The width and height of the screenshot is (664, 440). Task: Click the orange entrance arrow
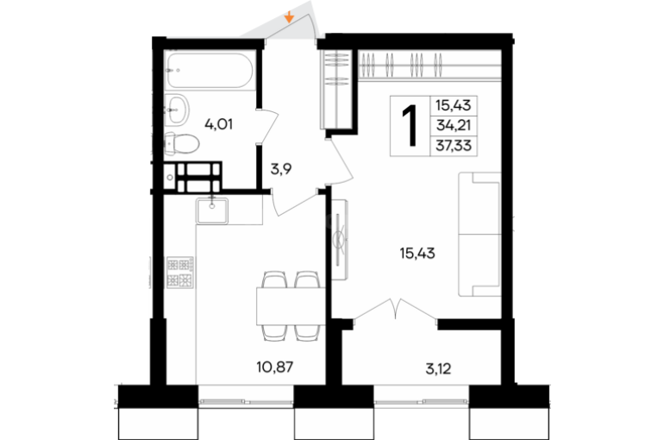pyautogui.click(x=289, y=17)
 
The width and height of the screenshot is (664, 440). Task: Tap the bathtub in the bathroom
pyautogui.click(x=210, y=70)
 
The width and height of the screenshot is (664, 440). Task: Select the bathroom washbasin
pyautogui.click(x=177, y=110)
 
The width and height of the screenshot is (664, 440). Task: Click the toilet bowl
pyautogui.click(x=182, y=143)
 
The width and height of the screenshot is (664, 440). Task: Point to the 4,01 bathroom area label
pyautogui.click(x=218, y=124)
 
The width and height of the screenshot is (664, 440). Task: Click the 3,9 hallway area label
pyautogui.click(x=281, y=169)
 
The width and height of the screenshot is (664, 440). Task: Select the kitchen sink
pyautogui.click(x=212, y=211)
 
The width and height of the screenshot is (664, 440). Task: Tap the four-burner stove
pyautogui.click(x=180, y=273)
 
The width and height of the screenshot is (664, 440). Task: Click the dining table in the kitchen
pyautogui.click(x=291, y=305)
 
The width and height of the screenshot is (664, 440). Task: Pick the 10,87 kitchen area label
pyautogui.click(x=275, y=367)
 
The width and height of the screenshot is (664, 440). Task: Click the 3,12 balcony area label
pyautogui.click(x=438, y=369)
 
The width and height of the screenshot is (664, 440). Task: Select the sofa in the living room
pyautogui.click(x=479, y=234)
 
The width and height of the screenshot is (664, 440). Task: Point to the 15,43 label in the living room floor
pyautogui.click(x=417, y=254)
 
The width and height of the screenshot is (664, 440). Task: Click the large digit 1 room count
pyautogui.click(x=410, y=125)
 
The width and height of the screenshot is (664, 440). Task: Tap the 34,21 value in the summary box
pyautogui.click(x=454, y=125)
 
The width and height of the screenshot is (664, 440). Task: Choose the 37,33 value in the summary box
pyautogui.click(x=454, y=146)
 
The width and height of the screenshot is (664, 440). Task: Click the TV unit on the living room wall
pyautogui.click(x=340, y=239)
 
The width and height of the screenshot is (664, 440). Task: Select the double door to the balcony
pyautogui.click(x=396, y=309)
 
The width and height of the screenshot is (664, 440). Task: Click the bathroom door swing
pyautogui.click(x=267, y=127)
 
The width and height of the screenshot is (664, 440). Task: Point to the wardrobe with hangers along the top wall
pyautogui.click(x=429, y=65)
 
